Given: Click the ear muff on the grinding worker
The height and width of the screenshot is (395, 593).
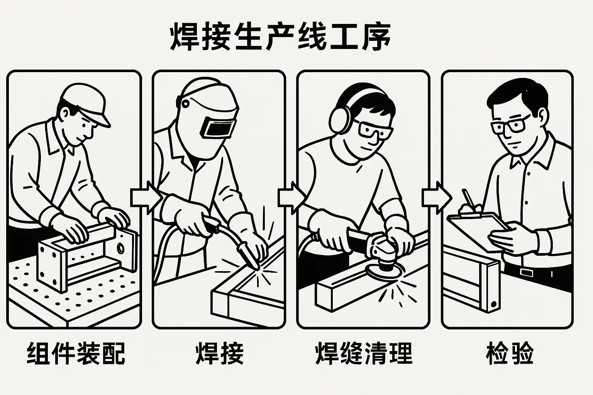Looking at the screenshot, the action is click(x=340, y=120).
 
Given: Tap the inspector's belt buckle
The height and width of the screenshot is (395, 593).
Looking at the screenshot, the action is click(x=525, y=272).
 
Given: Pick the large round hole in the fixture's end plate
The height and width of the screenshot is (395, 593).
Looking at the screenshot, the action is click(x=121, y=248).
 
